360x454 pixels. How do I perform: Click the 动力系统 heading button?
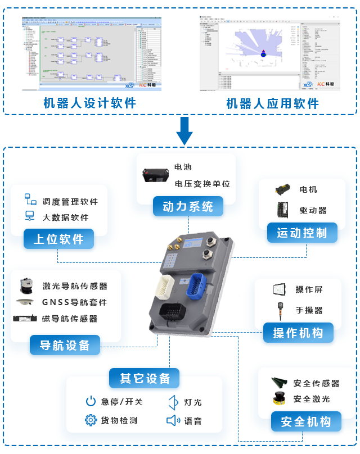(x=188, y=207)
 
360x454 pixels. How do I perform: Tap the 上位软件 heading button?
(x=58, y=239)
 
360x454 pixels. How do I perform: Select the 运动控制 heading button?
(x=301, y=233)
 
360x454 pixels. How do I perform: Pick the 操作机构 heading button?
(x=298, y=333)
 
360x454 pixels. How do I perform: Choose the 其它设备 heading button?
(x=145, y=378)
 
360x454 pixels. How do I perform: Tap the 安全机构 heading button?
(x=306, y=421)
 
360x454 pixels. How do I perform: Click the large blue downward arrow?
(x=184, y=130)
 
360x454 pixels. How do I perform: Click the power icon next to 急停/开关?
(x=91, y=401)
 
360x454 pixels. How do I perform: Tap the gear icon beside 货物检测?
(x=91, y=420)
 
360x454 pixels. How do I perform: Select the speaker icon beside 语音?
(x=173, y=420)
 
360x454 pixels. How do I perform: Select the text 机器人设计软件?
(x=90, y=103)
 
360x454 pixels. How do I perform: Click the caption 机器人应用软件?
(x=272, y=103)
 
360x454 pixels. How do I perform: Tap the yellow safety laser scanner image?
(x=280, y=398)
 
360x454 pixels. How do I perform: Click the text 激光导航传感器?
(x=75, y=286)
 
